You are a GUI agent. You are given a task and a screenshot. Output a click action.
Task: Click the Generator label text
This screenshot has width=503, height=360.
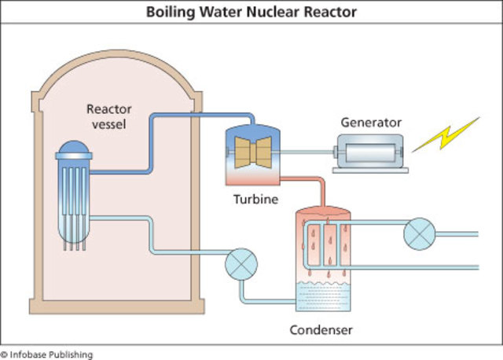[371, 123]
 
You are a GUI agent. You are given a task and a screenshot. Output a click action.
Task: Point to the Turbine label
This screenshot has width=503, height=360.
[255, 200]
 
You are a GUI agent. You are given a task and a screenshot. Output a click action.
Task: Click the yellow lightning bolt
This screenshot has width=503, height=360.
[446, 135]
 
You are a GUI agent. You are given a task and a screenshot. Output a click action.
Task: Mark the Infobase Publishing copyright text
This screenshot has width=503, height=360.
[46, 354]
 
